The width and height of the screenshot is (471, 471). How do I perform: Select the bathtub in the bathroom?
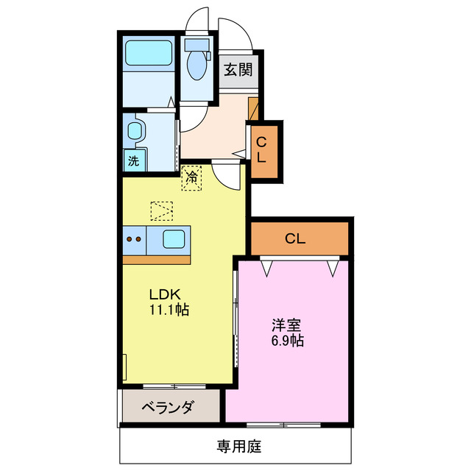click(x=148, y=53)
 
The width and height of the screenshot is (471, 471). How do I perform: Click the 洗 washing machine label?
click(x=133, y=161)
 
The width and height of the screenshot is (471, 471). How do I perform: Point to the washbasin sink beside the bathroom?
click(x=135, y=132)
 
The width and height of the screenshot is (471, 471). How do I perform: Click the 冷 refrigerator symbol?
click(x=191, y=177)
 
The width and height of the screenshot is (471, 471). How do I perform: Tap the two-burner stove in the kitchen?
click(x=134, y=238)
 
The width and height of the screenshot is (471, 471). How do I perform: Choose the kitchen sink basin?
click(x=174, y=238)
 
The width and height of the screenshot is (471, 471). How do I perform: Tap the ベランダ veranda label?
click(x=168, y=406)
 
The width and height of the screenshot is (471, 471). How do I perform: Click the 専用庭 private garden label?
click(x=238, y=446)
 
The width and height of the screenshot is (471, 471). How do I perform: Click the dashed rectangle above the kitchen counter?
click(x=161, y=210)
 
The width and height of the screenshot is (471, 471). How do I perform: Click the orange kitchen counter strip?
click(x=157, y=259)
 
